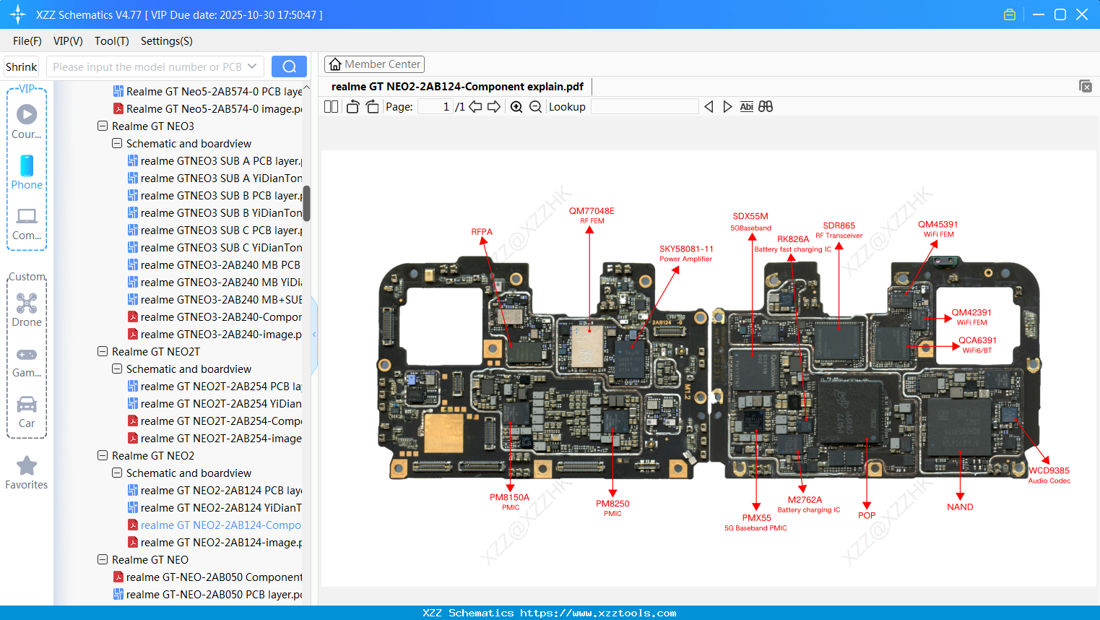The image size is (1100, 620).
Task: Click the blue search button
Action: pyautogui.click(x=289, y=66)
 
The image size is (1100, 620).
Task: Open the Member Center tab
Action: pyautogui.click(x=374, y=64)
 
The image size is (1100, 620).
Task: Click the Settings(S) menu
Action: pyautogui.click(x=166, y=41)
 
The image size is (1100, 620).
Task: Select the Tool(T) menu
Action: pyautogui.click(x=111, y=41)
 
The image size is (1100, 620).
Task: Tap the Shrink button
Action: pyautogui.click(x=21, y=66)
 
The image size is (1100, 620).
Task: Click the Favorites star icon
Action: pyautogui.click(x=27, y=466)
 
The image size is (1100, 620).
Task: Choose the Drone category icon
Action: pyautogui.click(x=27, y=303)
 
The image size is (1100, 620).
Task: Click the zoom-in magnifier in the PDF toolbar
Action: pyautogui.click(x=516, y=107)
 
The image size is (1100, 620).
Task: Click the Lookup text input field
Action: pyautogui.click(x=644, y=107)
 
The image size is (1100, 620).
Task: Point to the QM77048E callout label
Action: pyautogui.click(x=591, y=211)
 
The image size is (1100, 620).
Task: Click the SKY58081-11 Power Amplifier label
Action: pyautogui.click(x=685, y=253)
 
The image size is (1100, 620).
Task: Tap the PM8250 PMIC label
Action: pyautogui.click(x=612, y=507)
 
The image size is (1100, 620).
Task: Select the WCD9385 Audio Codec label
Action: pyautogui.click(x=1049, y=475)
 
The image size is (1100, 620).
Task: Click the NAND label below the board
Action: pyautogui.click(x=960, y=507)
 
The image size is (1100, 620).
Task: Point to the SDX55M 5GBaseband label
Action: pyautogui.click(x=750, y=221)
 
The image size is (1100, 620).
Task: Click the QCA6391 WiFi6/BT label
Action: pyautogui.click(x=977, y=345)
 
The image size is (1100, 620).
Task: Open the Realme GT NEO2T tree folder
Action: pyautogui.click(x=155, y=352)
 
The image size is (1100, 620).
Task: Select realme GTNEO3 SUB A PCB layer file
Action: pyautogui.click(x=220, y=161)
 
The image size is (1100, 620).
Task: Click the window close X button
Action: pyautogui.click(x=1082, y=14)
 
